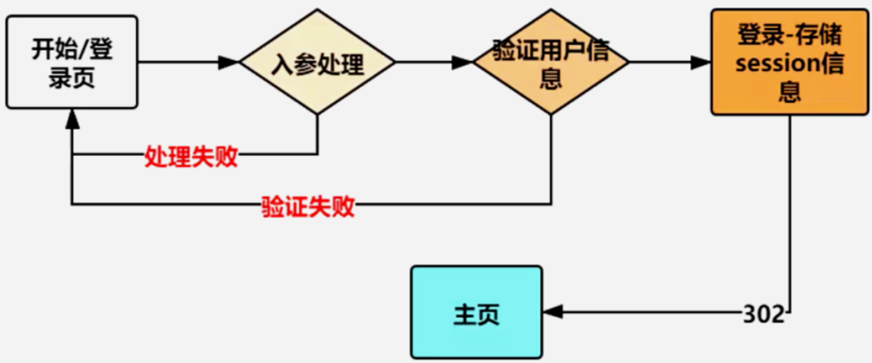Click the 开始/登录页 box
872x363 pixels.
point(71,62)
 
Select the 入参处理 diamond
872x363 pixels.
point(317,64)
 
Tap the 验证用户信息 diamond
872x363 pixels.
point(550,63)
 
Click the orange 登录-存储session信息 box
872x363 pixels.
point(790,63)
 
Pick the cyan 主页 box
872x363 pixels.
point(476,312)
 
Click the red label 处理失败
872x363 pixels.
point(191,157)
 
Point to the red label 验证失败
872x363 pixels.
point(307,207)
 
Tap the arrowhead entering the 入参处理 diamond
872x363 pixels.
point(230,63)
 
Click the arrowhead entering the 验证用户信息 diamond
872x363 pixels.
point(461,63)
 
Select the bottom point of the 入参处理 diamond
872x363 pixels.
point(317,114)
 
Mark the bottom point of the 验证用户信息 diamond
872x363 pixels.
point(550,114)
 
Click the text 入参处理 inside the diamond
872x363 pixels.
point(317,64)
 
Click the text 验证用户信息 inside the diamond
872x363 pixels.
point(551,63)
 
